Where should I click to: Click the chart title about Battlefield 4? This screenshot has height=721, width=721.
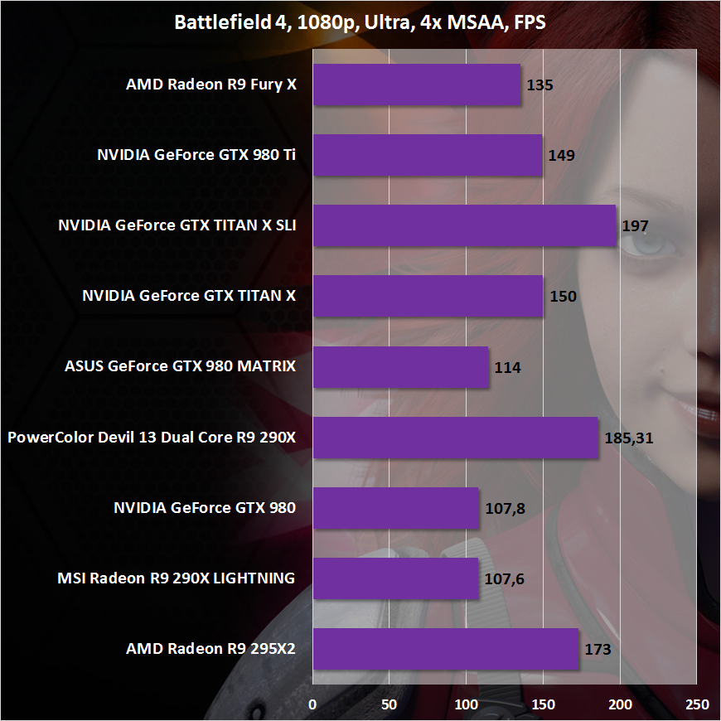pos(360,22)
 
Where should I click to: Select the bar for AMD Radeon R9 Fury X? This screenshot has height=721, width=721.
pos(417,85)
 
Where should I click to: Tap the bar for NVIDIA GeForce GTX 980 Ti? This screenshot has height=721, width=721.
pos(428,155)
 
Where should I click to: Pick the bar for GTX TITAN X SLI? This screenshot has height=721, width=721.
pos(464,225)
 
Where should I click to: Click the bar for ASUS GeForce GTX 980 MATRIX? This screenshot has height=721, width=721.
pos(401,366)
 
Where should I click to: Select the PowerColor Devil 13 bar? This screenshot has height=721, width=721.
pos(455,437)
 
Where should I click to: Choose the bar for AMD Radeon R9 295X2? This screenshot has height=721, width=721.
pos(445,648)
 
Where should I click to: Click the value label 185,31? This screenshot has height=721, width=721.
pos(629,438)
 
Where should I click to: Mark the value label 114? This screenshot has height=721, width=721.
pos(507,367)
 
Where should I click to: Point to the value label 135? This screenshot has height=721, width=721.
pos(540,85)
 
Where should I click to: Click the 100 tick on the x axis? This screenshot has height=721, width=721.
pos(467,704)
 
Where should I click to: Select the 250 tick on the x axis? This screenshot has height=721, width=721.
pos(697,704)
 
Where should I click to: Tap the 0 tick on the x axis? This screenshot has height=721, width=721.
pos(312,704)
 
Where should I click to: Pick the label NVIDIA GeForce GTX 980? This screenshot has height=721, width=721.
pos(204,508)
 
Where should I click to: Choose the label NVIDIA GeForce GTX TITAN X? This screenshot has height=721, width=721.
pos(189,296)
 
